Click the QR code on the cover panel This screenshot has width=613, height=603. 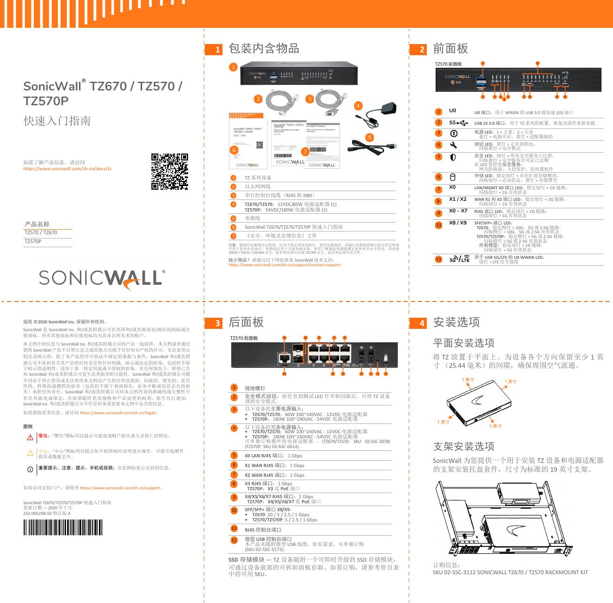click(170, 172)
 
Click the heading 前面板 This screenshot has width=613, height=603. click(450, 49)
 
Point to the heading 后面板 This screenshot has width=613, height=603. click(246, 322)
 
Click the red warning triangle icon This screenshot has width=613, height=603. click(30, 437)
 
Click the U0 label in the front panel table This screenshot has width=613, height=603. click(452, 111)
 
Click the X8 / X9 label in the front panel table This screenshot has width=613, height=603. click(458, 223)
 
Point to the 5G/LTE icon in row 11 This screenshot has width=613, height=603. click(459, 259)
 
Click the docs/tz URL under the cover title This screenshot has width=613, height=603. click(67, 169)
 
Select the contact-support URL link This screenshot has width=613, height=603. click(284, 265)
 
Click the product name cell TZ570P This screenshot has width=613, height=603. click(33, 242)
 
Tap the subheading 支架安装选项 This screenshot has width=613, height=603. click(463, 446)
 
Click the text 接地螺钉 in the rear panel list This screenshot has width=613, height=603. click(255, 388)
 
